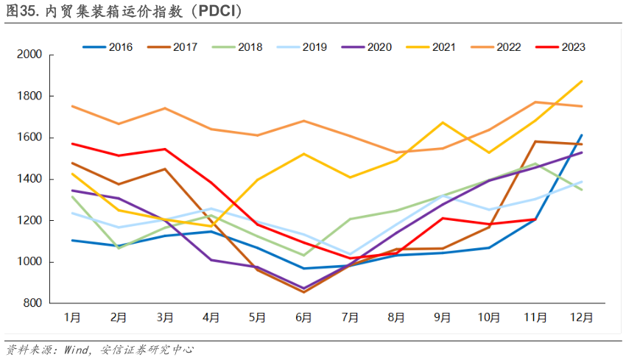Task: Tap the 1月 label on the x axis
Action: (x=72, y=318)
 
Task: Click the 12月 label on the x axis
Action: (x=581, y=318)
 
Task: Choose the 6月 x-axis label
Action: (x=303, y=318)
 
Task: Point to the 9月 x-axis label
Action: (x=442, y=318)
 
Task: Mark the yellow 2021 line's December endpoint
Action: (x=582, y=81)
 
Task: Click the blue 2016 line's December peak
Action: (x=582, y=135)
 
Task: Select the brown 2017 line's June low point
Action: (x=303, y=292)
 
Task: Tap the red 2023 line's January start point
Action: (x=72, y=144)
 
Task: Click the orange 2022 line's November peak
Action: (x=535, y=102)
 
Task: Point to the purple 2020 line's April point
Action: (x=211, y=260)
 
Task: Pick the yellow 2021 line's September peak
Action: (x=443, y=122)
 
